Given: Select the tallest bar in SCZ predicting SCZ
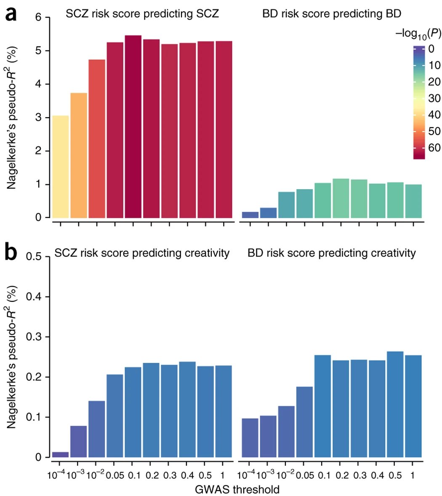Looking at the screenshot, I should [x=133, y=126].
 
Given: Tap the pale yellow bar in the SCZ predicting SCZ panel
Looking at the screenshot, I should [x=60, y=166].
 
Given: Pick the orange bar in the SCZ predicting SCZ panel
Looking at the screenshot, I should [x=79, y=155].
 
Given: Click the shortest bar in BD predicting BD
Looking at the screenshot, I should [x=250, y=214].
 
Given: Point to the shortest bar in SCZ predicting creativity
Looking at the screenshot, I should [x=60, y=454].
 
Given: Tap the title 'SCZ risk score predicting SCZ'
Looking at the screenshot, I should [x=142, y=14].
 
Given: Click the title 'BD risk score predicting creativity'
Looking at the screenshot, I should [x=332, y=253].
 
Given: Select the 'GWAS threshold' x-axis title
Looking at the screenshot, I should [x=237, y=489].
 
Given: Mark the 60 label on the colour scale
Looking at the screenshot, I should [x=434, y=148].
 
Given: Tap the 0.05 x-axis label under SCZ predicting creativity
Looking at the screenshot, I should [x=115, y=475].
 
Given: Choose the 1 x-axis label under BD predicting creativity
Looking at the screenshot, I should [x=413, y=475].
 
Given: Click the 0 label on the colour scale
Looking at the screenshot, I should [x=431, y=49].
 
